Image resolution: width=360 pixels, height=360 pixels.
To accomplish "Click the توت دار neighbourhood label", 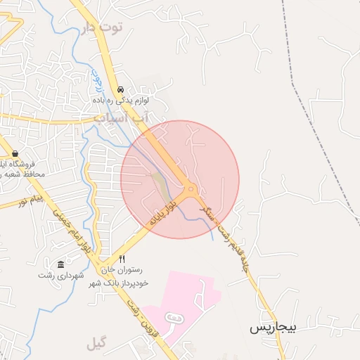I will click(103, 27).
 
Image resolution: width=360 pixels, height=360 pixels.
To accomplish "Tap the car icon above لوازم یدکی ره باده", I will click(122, 90).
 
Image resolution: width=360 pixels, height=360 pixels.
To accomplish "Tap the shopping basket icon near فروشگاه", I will click(15, 154).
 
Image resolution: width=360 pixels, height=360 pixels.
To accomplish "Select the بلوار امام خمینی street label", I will click(72, 233).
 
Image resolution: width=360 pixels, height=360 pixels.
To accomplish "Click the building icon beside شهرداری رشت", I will click(60, 264).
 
